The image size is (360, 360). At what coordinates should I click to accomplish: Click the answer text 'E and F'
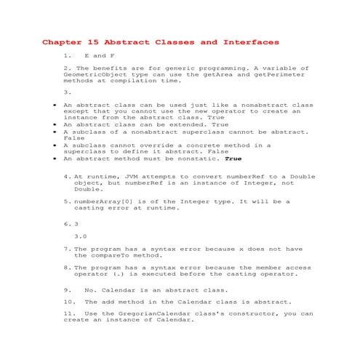point(100,55)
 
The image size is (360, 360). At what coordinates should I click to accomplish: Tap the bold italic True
point(233,158)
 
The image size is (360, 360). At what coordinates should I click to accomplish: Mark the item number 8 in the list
point(67,268)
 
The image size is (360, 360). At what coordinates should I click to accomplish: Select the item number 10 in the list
point(69,301)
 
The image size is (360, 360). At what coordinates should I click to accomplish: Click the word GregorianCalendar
point(151,314)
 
